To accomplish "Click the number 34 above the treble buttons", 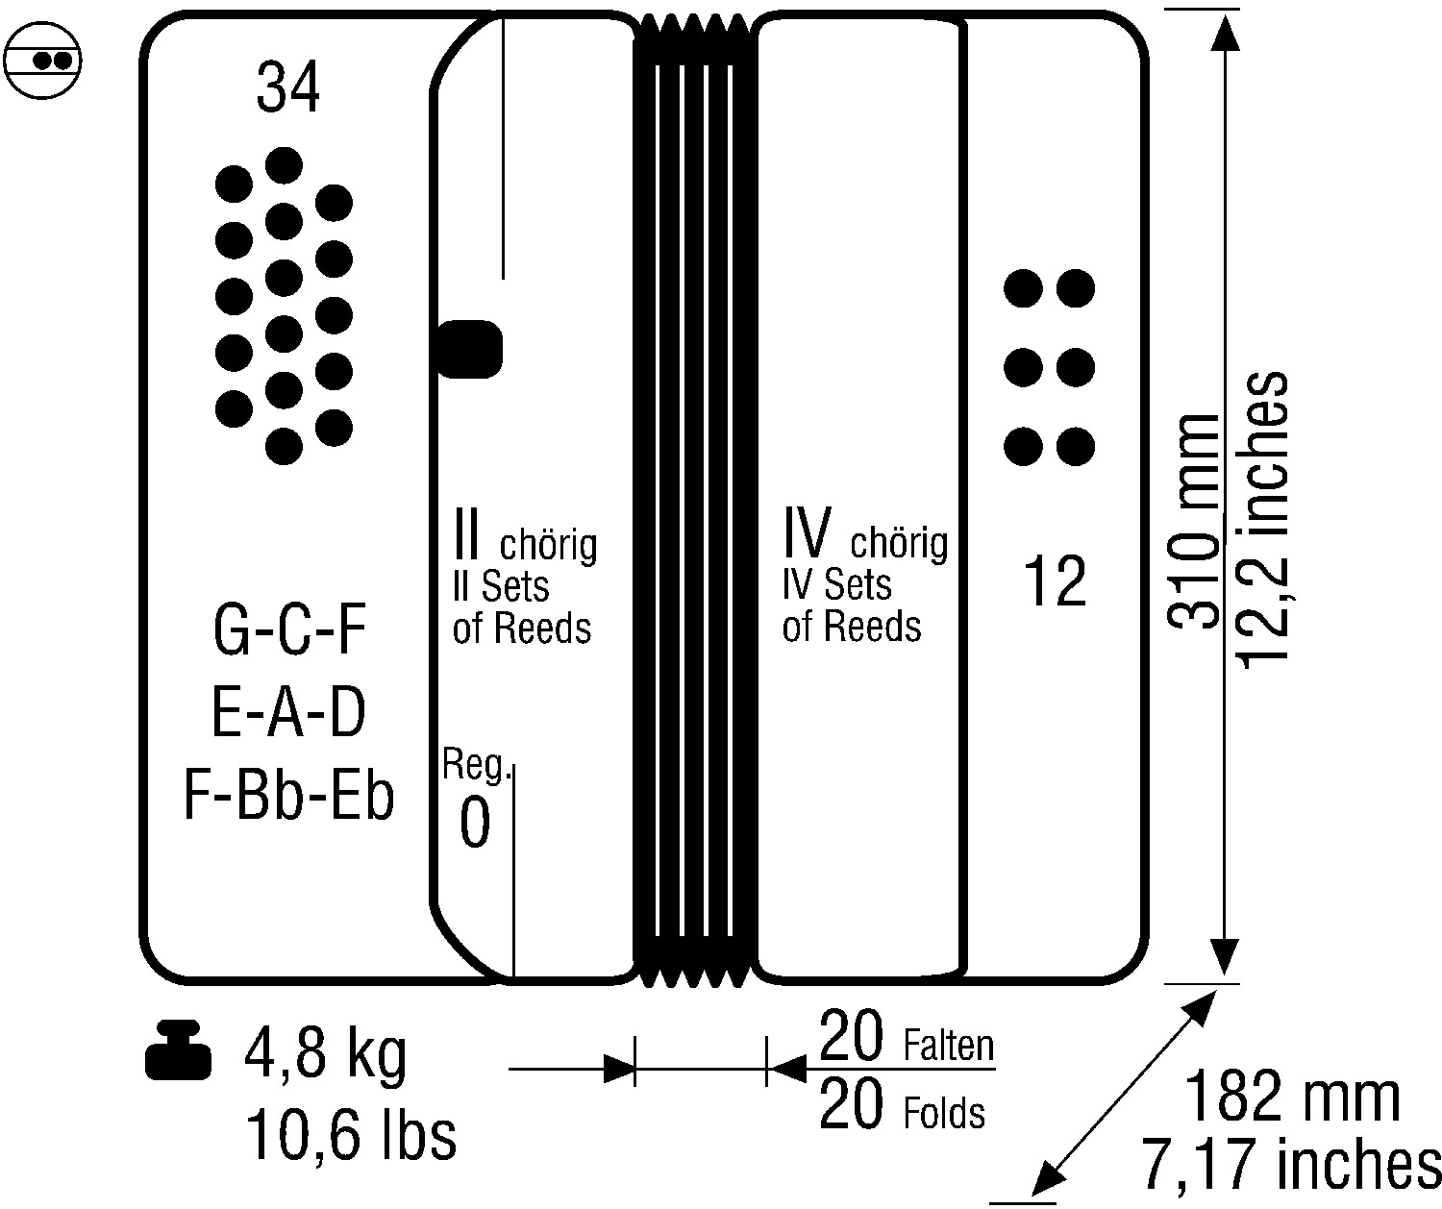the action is point(288,87).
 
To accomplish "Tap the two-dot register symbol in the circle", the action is point(43,61).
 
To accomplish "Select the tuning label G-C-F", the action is point(289,629).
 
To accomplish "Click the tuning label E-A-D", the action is point(288,712).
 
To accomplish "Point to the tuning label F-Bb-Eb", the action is point(288,795).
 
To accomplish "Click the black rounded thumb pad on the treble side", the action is point(470,349).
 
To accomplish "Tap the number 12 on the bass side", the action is point(1055,580).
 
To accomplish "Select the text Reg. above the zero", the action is point(476,765).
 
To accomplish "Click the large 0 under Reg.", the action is point(475,823).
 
